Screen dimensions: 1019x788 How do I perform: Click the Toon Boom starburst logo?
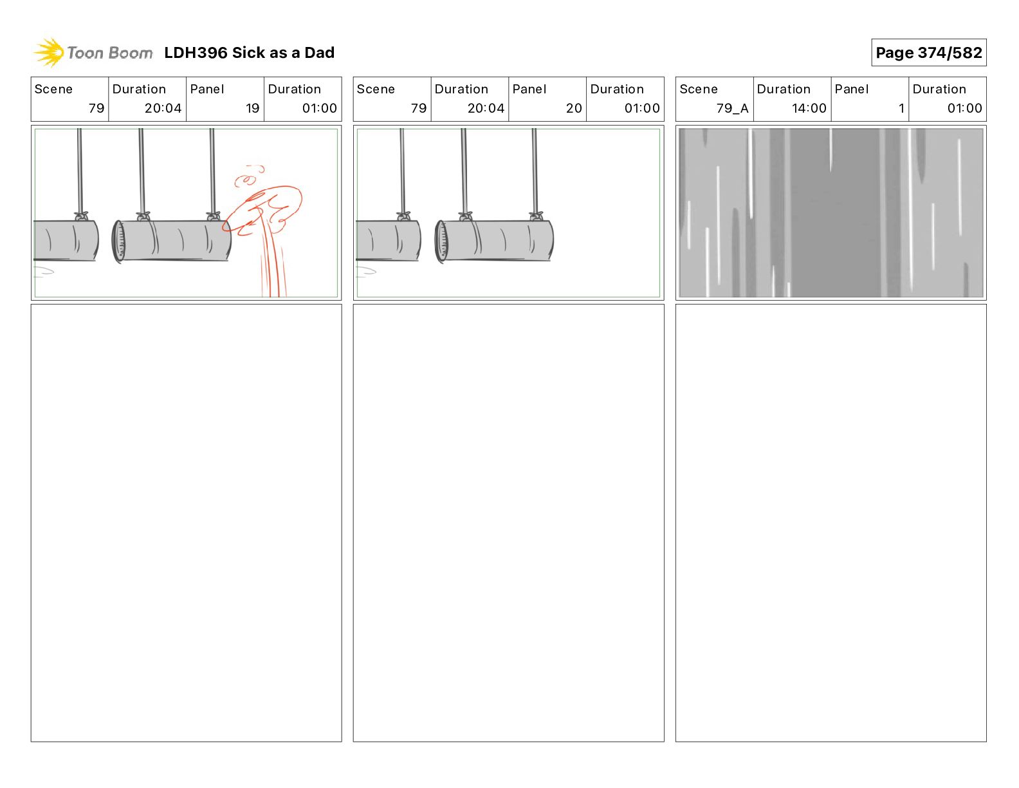point(49,52)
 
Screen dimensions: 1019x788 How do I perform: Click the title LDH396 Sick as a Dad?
point(249,53)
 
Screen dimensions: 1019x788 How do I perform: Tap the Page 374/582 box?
point(928,53)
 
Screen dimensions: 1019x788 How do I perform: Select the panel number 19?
point(252,108)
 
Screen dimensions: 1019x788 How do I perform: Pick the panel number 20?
point(574,108)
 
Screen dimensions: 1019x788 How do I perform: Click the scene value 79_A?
point(732,108)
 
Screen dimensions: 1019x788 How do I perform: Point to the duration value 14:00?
point(809,108)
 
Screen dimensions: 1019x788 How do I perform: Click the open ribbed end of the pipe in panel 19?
point(118,241)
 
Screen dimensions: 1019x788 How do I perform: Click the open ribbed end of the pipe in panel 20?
point(441,241)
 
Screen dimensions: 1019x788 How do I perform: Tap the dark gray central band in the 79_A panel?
point(835,212)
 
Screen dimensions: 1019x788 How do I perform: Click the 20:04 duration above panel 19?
point(163,108)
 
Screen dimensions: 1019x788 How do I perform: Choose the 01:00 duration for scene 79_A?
point(964,108)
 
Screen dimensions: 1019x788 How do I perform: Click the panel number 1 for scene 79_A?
point(901,108)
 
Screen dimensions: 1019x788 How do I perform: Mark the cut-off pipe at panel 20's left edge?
point(389,240)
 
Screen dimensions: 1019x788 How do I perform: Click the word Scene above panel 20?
point(376,89)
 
